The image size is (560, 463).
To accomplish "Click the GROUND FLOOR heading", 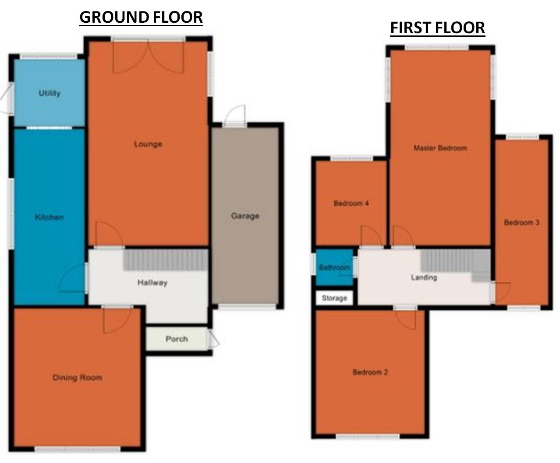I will [x=141, y=18].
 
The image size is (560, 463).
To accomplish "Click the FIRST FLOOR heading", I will [x=437, y=28].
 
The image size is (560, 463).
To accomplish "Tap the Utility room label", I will [x=50, y=93].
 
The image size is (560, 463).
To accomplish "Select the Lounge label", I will [x=148, y=144].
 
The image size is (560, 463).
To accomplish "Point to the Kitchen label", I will [x=50, y=217].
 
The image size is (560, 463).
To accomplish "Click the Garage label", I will [x=245, y=216].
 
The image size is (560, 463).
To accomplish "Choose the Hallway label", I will [x=152, y=283].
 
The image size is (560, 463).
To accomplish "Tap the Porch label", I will [x=177, y=339].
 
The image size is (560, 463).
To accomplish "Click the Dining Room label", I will [x=77, y=377].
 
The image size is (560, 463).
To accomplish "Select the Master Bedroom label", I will [x=440, y=148].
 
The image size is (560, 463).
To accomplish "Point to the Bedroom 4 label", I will [x=351, y=203].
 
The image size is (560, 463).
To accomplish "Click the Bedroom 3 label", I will [x=521, y=222].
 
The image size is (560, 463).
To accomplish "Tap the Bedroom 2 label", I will [x=370, y=372].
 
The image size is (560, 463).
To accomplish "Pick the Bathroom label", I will [x=334, y=267].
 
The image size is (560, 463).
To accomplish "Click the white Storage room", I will [x=335, y=298].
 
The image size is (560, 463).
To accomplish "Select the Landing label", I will [x=424, y=277].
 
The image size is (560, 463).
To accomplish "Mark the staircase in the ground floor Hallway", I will [x=165, y=260].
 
